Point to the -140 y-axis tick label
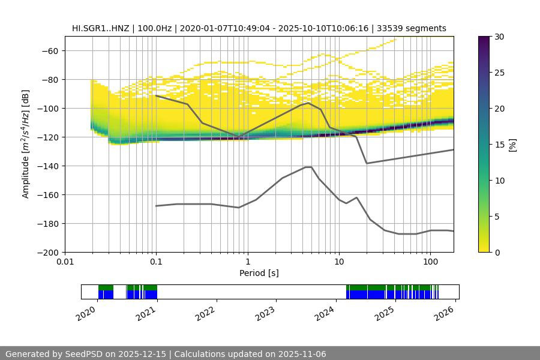tap(48, 166)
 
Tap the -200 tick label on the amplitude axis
tap(48, 252)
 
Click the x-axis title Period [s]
tap(259, 273)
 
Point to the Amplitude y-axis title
tap(26, 144)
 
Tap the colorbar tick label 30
tap(499, 37)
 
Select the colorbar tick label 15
tap(499, 145)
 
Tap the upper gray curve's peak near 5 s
tap(308, 103)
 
